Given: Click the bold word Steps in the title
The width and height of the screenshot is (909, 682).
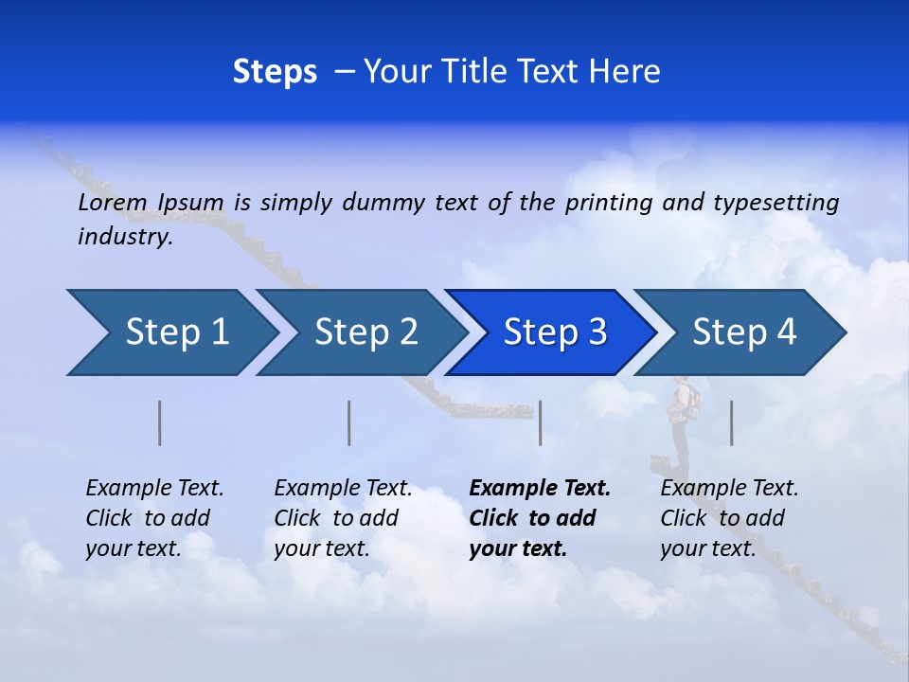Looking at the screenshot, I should coord(275,72).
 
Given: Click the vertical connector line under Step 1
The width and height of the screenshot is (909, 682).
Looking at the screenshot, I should coord(160,422).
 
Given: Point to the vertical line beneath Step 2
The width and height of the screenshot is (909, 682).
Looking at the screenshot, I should coord(349,422).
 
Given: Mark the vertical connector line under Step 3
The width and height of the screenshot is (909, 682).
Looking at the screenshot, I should coord(540,422).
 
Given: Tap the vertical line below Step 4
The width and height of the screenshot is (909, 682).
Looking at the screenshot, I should coord(731,422).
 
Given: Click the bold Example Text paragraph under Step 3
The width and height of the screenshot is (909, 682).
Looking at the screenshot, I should coord(540,518).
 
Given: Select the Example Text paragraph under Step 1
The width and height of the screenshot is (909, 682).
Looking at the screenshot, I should coord(154,518).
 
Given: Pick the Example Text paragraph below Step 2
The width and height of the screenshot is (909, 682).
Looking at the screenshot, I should coord(343,518).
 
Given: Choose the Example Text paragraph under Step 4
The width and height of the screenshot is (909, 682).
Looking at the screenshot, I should coord(729,518).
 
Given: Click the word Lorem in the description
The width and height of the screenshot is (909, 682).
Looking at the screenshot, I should coord(113,203).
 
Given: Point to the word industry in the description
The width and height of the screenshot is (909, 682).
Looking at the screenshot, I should coord(125,237).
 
